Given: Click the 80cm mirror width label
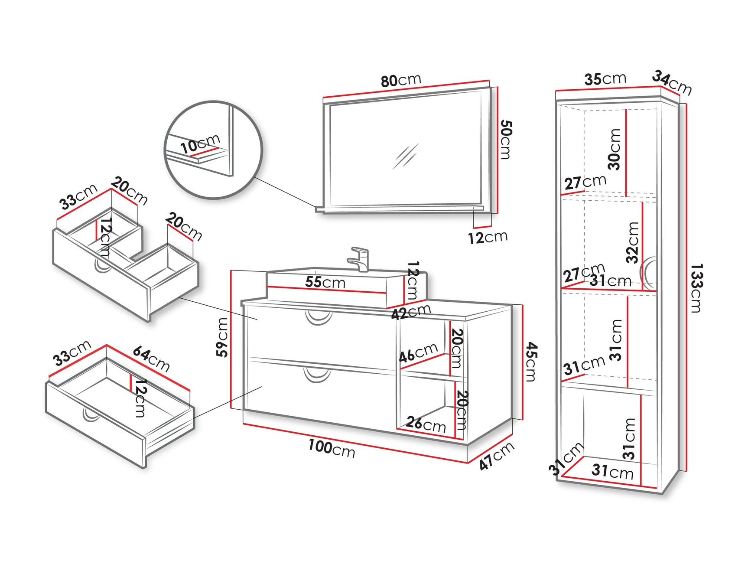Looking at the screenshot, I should (401, 80).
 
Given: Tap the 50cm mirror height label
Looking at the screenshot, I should (506, 140).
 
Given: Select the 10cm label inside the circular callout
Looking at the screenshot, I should (200, 144).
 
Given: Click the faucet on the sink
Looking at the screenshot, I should (359, 259).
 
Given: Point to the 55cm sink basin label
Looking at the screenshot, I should (325, 282).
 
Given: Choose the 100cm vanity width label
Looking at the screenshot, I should (332, 448).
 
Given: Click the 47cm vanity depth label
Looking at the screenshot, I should (497, 456).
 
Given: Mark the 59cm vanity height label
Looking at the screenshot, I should (222, 337).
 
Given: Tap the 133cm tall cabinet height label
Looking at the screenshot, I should (696, 288).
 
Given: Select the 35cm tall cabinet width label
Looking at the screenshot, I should (605, 79).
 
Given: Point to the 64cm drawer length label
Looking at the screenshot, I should (151, 359).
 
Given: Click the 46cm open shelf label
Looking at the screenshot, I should (418, 352).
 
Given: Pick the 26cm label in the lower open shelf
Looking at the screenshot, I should (426, 424).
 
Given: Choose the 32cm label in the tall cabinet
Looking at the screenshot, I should (633, 242).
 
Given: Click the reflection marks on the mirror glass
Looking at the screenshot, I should (405, 156).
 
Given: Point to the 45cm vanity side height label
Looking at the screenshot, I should (532, 362).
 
